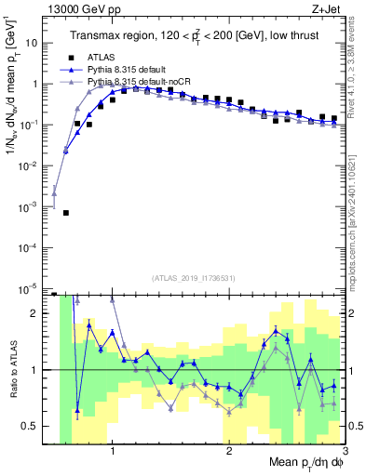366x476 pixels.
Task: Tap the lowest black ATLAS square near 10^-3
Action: [66, 213]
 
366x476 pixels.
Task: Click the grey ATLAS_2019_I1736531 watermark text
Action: [193, 277]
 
